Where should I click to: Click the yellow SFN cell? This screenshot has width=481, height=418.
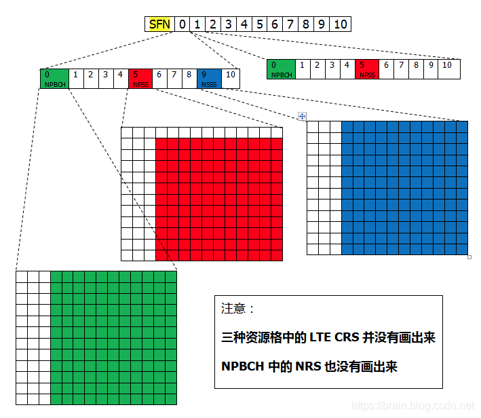pos(159,24)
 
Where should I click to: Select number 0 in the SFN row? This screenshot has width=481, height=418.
pos(182,24)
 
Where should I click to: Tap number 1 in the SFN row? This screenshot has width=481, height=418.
pos(197,24)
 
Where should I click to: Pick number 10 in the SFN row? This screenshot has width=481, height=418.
pos(341,24)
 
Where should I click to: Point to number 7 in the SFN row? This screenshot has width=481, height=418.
pos(290,24)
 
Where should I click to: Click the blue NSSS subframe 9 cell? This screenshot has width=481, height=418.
pos(210,78)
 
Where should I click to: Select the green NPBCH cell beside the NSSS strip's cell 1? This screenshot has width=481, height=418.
pos(54,78)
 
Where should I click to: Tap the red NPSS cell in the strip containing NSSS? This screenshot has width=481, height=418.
pos(140,78)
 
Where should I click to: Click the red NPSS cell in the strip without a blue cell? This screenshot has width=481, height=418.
pos(367,69)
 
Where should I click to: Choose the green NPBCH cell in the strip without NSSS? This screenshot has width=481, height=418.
pos(281,69)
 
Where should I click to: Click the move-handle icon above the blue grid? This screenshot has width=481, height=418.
pos(303,116)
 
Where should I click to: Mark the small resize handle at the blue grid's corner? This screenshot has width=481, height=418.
pos(469,257)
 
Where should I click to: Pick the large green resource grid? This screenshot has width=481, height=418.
pos(113,338)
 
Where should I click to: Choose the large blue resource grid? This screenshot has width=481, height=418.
pos(404,188)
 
